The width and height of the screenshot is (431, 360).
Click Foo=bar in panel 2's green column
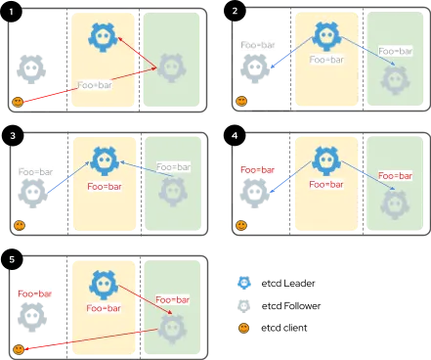[x=395, y=50]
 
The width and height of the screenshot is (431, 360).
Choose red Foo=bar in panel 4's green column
[x=395, y=175]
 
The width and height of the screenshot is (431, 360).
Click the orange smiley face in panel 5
[x=18, y=349]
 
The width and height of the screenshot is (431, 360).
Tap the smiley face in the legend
[x=242, y=327]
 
